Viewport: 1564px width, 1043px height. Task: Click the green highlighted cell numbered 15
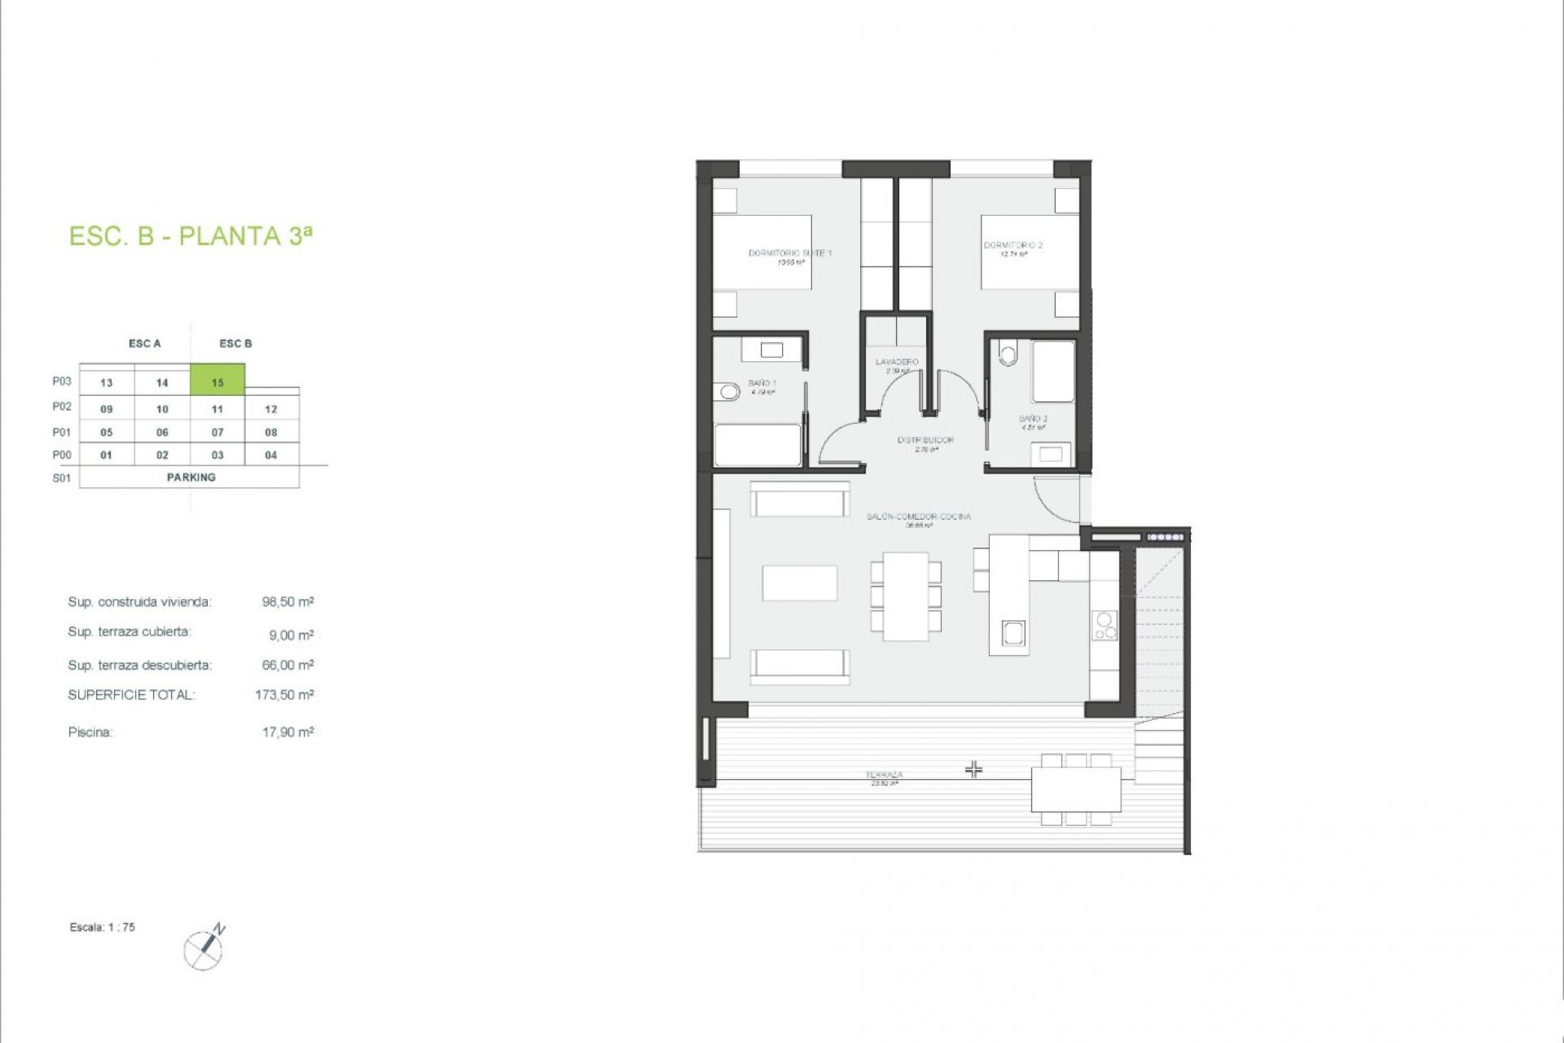tap(217, 381)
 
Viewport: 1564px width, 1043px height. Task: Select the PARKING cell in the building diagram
tap(191, 477)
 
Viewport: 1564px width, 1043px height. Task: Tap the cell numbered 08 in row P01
tap(271, 433)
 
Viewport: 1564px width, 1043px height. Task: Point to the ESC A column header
tap(145, 344)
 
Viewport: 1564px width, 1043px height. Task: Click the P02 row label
tap(62, 407)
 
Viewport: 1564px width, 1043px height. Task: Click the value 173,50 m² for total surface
tap(284, 695)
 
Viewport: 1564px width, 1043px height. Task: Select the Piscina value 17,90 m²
tap(288, 733)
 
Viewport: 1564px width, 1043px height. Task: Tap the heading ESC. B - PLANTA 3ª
tap(191, 236)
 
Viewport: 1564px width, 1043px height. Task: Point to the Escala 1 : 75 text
tap(103, 927)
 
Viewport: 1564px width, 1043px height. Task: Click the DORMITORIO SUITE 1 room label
tap(790, 253)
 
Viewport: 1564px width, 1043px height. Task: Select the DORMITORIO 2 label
tap(1013, 245)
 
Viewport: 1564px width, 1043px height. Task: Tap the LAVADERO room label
tap(897, 362)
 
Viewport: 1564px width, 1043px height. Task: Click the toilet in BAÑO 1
tap(727, 393)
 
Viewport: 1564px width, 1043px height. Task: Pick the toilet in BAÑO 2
tap(1008, 354)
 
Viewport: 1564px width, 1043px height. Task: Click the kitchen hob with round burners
tap(1105, 626)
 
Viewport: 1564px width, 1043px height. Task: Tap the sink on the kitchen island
tap(1013, 633)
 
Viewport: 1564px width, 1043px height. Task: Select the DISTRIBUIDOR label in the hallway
tap(925, 440)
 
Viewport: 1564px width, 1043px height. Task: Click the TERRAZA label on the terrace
tap(884, 775)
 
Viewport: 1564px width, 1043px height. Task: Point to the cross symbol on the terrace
tap(973, 769)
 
